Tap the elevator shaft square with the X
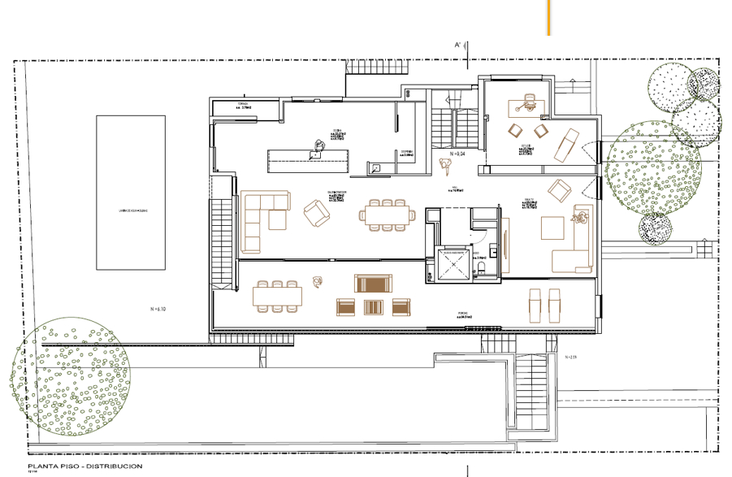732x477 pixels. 453,266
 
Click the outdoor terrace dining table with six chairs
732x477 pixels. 277,295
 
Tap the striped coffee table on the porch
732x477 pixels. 373,307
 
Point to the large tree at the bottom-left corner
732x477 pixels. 70,374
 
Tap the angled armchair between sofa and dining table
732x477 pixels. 316,214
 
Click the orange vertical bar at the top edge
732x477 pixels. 550,17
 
